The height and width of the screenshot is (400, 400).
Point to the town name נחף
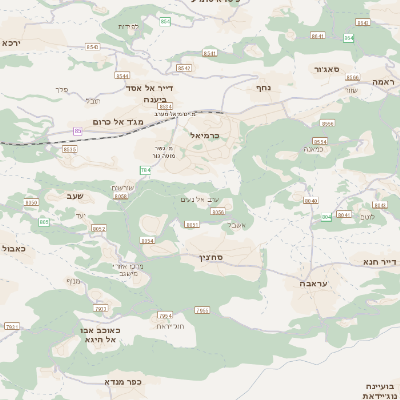264,87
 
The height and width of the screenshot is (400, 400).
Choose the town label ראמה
384,81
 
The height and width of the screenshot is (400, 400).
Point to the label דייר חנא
381,262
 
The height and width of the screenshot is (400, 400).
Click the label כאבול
13,248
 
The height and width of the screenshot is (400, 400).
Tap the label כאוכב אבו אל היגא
99,335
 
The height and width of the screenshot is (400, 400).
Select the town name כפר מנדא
124,382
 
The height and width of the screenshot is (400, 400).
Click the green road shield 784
146,171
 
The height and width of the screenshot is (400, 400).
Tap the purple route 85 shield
78,130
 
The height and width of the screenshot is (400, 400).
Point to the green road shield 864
165,21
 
